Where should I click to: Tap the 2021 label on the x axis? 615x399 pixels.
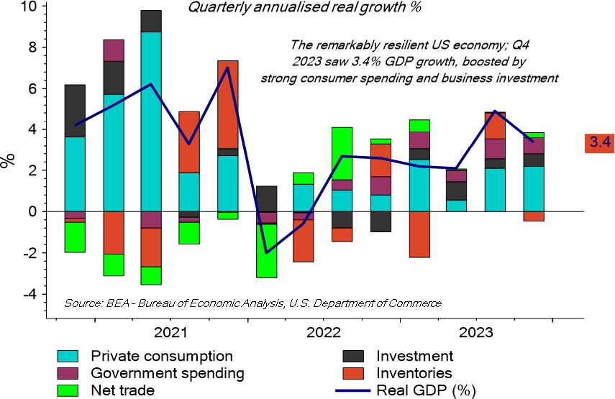170,333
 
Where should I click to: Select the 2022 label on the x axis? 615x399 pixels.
323,333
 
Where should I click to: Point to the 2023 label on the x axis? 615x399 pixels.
476,333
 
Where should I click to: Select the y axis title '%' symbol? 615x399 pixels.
9,159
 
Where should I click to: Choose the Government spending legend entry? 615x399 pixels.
167,373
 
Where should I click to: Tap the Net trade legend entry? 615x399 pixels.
123,390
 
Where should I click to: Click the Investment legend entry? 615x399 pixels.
414,356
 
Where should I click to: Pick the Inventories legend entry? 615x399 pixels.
414,373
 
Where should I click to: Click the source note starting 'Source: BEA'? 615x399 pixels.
252,303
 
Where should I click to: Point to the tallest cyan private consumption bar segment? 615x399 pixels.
151,121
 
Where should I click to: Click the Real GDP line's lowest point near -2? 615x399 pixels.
267,252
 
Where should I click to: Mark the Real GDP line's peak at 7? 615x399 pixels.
228,68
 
